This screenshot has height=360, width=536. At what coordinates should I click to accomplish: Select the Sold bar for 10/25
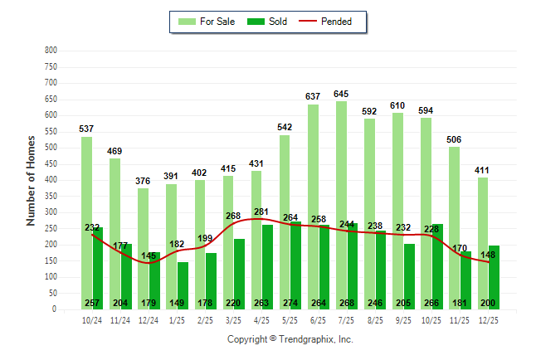pos(437,265)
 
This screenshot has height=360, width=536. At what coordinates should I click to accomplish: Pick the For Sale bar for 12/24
pos(143,249)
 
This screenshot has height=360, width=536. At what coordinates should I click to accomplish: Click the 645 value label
pos(341,94)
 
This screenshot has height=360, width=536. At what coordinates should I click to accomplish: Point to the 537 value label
pos(86,129)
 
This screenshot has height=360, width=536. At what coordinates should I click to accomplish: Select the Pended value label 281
pos(261,212)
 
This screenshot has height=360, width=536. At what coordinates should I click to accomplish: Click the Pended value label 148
pos(489,255)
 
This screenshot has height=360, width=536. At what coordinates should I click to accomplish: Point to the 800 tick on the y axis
pos(51,51)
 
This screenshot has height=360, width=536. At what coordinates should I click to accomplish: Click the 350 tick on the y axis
pos(51,196)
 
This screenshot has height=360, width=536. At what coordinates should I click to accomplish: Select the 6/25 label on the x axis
pos(318,320)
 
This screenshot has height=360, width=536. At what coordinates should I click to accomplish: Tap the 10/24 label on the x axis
pos(92,320)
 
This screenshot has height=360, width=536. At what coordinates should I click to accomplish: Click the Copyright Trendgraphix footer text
pos(290,339)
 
